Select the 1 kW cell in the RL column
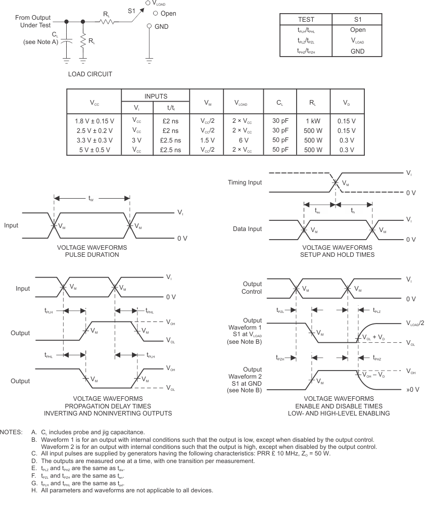(x=313, y=121)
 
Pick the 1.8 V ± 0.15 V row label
(x=93, y=121)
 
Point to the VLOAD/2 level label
(x=414, y=323)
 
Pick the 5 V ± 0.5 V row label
(x=93, y=150)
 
